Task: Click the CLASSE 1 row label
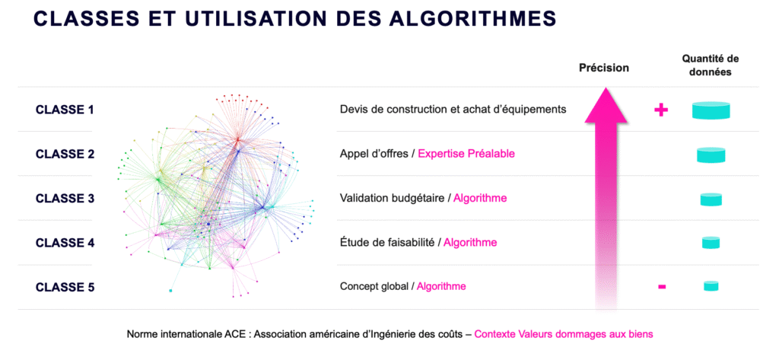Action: pyautogui.click(x=65, y=110)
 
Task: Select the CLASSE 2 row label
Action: pyautogui.click(x=65, y=155)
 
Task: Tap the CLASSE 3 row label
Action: pyautogui.click(x=65, y=199)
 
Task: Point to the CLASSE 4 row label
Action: pyautogui.click(x=65, y=243)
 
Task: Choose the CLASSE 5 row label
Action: pyautogui.click(x=65, y=288)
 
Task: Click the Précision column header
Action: pyautogui.click(x=603, y=68)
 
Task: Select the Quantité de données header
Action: pyautogui.click(x=710, y=65)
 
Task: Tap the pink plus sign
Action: pyautogui.click(x=661, y=110)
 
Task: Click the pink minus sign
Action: pyautogui.click(x=662, y=286)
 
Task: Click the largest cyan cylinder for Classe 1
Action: pyautogui.click(x=711, y=110)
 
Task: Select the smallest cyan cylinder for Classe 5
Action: pyautogui.click(x=711, y=286)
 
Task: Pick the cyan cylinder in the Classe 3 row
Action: pyautogui.click(x=711, y=199)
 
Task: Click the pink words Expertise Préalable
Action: pyautogui.click(x=466, y=154)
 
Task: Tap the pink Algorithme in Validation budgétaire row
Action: pyautogui.click(x=480, y=198)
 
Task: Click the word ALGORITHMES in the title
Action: pyautogui.click(x=470, y=18)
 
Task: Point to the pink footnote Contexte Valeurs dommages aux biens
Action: pyautogui.click(x=564, y=334)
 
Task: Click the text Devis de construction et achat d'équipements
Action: pyautogui.click(x=453, y=109)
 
